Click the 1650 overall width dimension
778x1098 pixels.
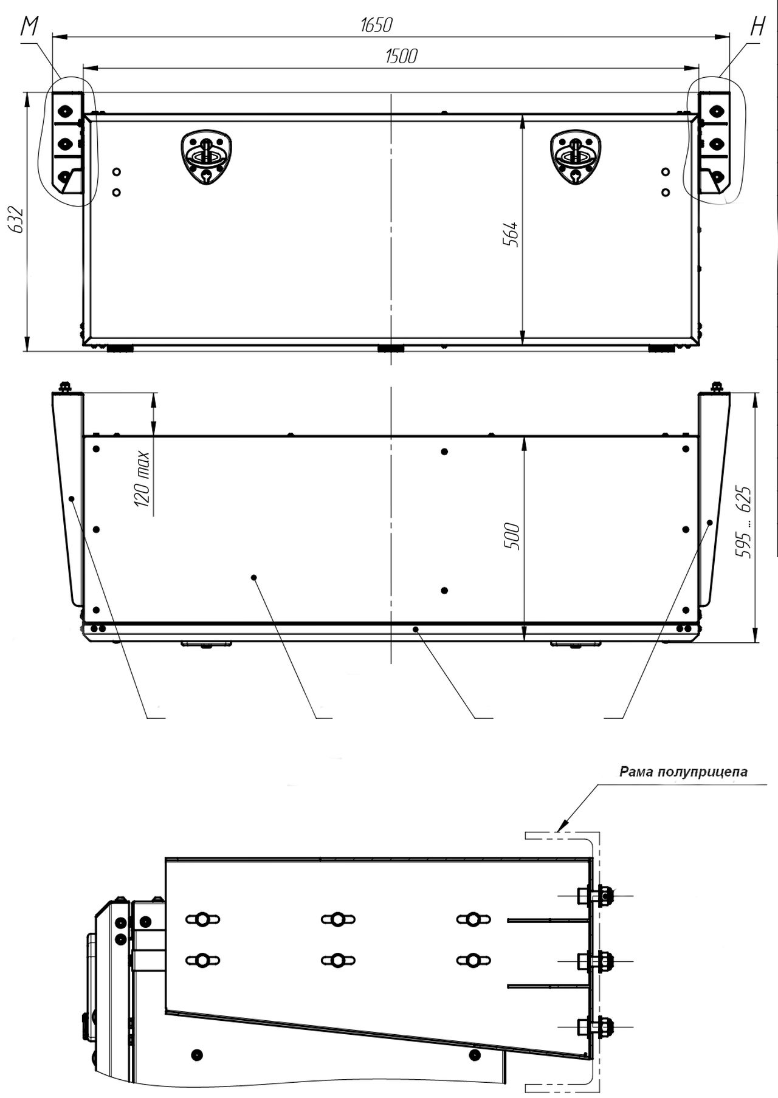coord(377,25)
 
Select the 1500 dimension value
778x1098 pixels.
coord(401,56)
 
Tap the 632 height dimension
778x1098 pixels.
coord(16,220)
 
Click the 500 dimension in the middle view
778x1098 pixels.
coord(512,536)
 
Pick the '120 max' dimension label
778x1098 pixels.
coord(141,479)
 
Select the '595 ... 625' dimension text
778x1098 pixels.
coord(743,522)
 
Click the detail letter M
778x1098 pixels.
coord(29,27)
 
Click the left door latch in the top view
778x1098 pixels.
coord(208,157)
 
